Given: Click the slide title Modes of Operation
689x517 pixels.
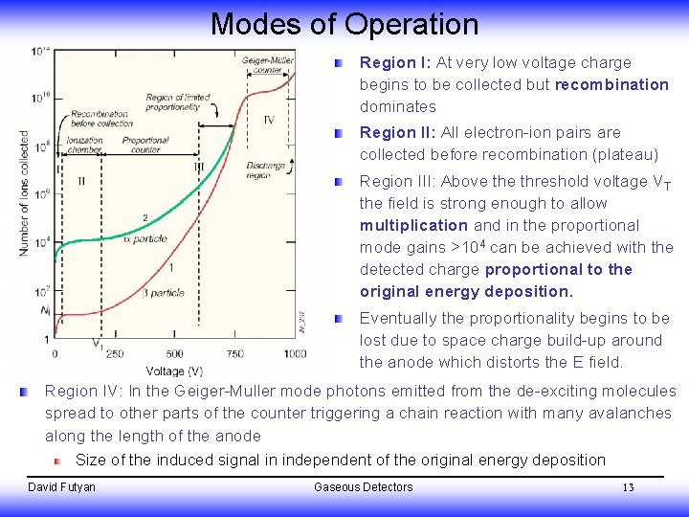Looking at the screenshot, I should click(344, 23).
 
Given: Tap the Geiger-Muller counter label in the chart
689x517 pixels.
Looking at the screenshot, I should click(269, 65).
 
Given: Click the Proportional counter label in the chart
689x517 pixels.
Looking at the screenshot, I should click(145, 146).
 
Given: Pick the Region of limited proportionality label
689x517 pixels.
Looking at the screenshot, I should click(179, 102).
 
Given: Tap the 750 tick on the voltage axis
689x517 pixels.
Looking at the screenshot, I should click(235, 353).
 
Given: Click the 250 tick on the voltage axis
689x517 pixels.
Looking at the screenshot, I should click(115, 353).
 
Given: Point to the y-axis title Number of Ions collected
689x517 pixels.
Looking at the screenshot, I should click(24, 192).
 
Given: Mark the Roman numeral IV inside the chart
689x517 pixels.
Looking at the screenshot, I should click(269, 120).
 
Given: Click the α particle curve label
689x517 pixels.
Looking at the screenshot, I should click(149, 238).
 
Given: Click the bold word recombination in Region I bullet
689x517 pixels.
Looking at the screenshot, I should click(611, 84).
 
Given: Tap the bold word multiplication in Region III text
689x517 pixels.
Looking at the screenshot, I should click(413, 225).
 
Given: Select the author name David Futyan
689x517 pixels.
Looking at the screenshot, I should click(61, 487).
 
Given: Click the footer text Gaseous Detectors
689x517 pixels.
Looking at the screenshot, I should click(363, 487).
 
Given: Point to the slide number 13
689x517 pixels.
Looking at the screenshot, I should click(628, 487).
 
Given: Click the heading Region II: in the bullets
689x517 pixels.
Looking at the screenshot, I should click(394, 132).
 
